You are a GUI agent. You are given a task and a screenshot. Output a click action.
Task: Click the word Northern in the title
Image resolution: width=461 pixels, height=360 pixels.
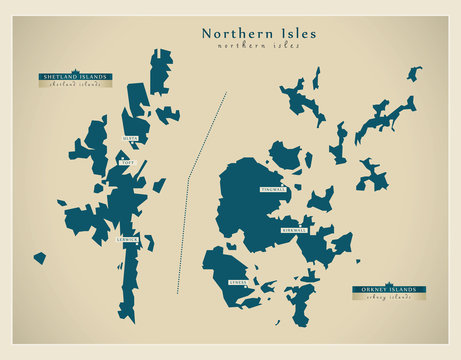(234, 33)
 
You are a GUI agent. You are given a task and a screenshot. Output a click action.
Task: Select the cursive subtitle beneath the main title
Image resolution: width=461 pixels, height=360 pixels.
(259, 46)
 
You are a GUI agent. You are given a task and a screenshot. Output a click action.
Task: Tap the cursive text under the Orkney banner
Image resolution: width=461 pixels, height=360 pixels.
(389, 298)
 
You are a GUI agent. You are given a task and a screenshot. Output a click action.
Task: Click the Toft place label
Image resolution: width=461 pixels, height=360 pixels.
(126, 161)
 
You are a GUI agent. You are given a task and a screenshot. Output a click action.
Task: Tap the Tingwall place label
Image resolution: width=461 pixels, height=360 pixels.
(273, 188)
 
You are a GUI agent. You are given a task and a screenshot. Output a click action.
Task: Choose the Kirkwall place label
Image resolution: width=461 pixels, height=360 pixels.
(294, 229)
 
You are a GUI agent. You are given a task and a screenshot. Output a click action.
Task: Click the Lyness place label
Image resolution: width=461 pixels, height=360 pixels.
(237, 282)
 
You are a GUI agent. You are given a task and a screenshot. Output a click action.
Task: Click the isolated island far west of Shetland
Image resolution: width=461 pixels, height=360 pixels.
(39, 258)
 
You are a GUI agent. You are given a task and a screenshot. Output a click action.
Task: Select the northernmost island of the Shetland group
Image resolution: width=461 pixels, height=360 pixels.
(161, 70)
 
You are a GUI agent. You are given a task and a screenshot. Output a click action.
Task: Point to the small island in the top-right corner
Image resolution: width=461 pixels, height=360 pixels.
(414, 73)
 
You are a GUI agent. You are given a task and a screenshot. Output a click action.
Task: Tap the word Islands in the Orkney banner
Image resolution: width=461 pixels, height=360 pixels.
(405, 289)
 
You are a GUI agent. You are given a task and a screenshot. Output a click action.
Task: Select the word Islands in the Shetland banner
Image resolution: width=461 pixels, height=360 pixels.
(92, 76)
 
